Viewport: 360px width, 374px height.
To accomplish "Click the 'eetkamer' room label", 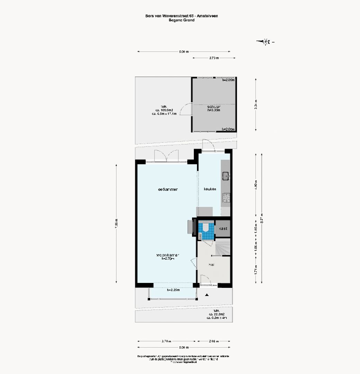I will tap(168, 189).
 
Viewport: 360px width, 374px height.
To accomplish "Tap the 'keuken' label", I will tap(210, 189).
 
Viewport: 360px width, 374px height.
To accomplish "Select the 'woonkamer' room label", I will tap(168, 255).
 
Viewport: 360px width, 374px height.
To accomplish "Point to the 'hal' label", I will tap(211, 265).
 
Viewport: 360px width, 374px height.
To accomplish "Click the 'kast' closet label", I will tap(223, 229).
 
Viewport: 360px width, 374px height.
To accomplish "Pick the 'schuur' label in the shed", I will tap(214, 107).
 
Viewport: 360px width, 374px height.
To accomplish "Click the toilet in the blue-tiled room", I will tap(206, 228).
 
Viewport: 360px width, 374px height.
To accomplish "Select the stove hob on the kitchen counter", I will tap(226, 198).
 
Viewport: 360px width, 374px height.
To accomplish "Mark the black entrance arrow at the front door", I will tap(207, 295).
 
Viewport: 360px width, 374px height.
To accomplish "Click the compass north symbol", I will tap(266, 42).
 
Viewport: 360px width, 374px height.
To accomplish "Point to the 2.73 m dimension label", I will tap(214, 58).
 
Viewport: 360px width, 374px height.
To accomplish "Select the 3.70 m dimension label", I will tap(166, 341).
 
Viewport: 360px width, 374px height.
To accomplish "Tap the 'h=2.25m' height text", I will tap(173, 290).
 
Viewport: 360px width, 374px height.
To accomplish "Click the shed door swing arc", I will tap(187, 109).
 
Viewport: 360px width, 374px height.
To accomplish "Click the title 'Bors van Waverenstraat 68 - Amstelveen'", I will tap(181, 16).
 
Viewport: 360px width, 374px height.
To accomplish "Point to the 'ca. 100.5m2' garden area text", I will tap(164, 110).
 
